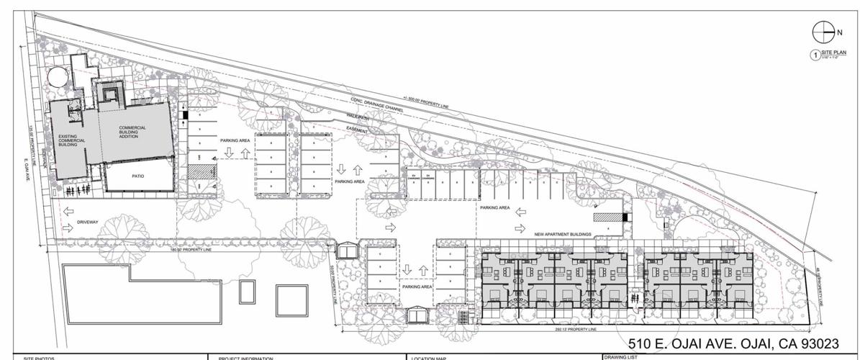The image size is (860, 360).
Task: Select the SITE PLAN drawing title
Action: tap(835, 53)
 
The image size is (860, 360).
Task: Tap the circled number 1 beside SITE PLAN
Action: tap(814, 55)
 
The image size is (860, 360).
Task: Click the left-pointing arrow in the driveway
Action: tap(67, 212)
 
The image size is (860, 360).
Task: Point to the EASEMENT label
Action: tap(358, 130)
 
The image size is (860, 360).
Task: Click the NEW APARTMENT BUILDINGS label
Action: tap(563, 235)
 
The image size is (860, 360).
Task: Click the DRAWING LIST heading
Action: tap(620, 356)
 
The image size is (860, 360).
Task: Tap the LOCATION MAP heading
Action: tap(430, 358)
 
